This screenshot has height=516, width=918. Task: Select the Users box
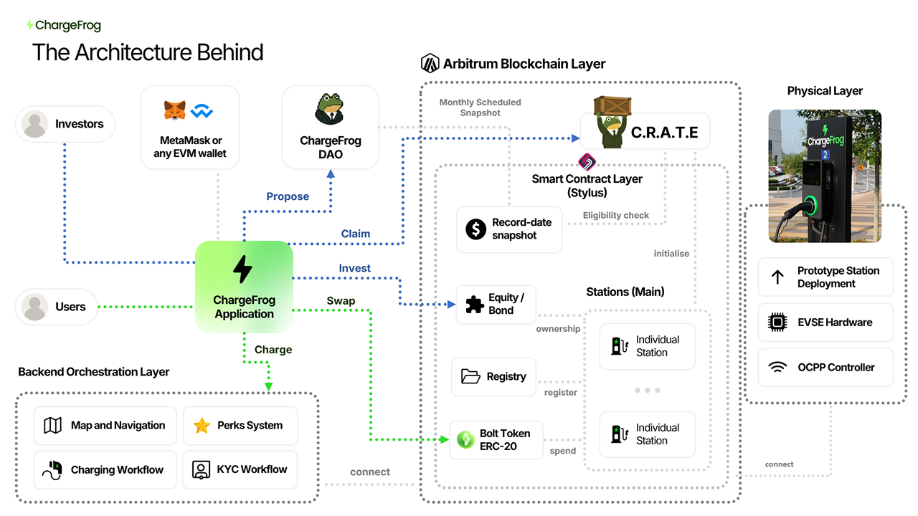click(x=56, y=307)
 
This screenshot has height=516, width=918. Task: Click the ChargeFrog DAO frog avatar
click(x=331, y=108)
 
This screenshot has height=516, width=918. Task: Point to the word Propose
click(x=288, y=196)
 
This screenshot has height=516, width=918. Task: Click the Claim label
click(x=356, y=234)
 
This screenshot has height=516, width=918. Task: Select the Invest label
click(x=355, y=268)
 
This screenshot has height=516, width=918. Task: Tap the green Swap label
click(x=341, y=301)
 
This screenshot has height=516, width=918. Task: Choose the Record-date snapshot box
click(x=509, y=229)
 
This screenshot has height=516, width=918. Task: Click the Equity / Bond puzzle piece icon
click(x=475, y=304)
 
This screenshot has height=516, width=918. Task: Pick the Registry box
click(x=493, y=377)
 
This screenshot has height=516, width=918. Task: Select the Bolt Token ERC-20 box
click(x=496, y=440)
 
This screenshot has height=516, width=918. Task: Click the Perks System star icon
click(x=202, y=426)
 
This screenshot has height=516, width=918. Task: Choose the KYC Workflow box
click(x=240, y=469)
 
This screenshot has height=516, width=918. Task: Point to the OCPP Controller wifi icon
click(x=777, y=368)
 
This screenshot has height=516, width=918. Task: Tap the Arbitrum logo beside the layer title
click(x=430, y=64)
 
